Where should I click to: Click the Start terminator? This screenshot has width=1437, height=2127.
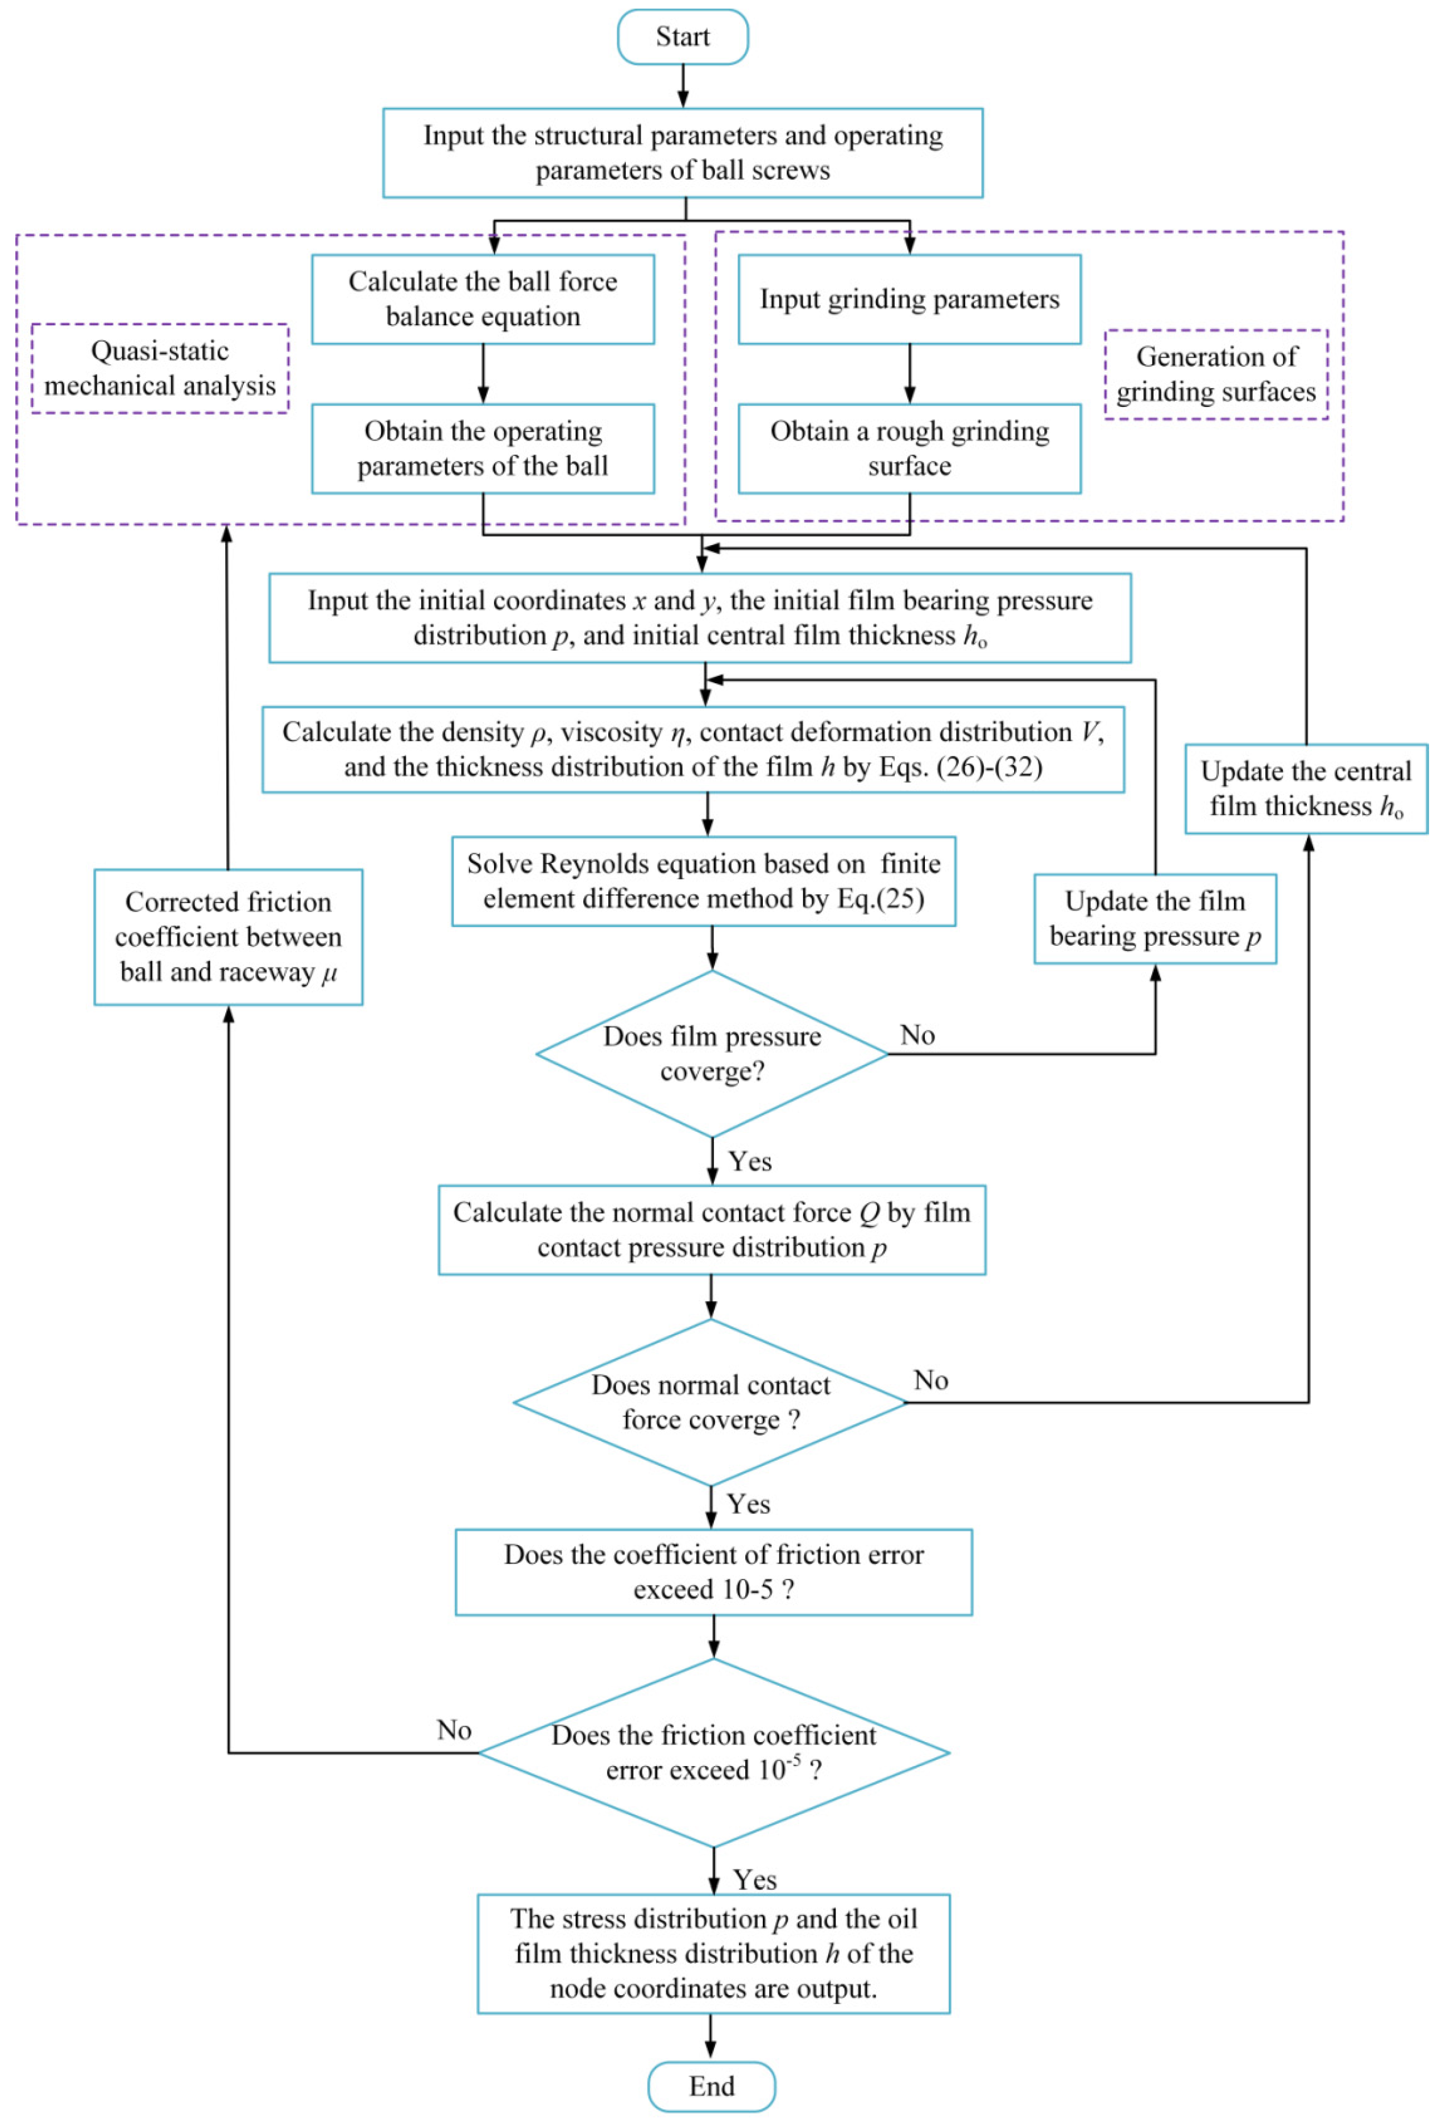click(x=683, y=36)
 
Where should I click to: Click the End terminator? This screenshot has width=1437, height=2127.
click(x=711, y=2086)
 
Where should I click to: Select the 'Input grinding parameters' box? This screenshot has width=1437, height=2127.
click(x=909, y=300)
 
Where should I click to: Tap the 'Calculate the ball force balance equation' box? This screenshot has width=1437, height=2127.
click(x=483, y=300)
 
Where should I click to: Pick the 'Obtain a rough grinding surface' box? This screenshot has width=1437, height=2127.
click(x=909, y=448)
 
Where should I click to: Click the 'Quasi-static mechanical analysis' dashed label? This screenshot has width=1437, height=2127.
click(x=160, y=368)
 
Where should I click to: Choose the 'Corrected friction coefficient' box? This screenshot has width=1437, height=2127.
click(x=228, y=937)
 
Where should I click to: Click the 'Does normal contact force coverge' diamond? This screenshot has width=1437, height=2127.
click(x=711, y=1402)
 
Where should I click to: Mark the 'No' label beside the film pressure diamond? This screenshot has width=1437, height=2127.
click(x=917, y=1035)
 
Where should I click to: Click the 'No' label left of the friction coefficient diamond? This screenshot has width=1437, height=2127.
click(x=454, y=1730)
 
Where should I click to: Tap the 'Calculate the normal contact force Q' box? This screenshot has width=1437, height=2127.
click(x=711, y=1230)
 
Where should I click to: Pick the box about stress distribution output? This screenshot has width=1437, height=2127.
click(x=713, y=1953)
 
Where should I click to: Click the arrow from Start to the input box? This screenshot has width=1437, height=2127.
click(x=683, y=86)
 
